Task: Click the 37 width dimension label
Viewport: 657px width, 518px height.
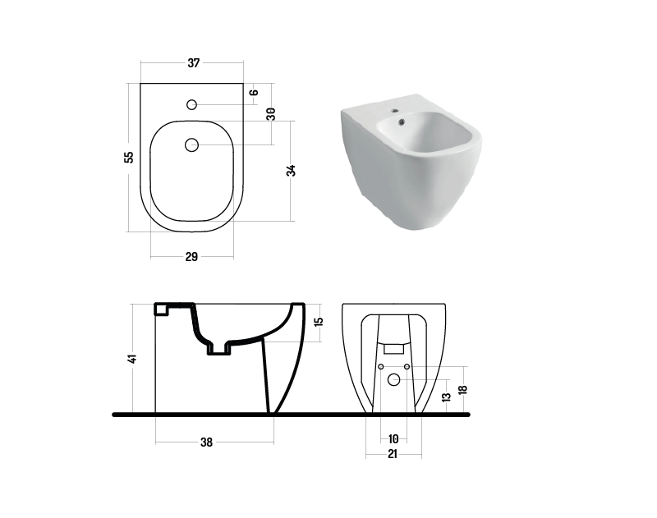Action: pyautogui.click(x=193, y=63)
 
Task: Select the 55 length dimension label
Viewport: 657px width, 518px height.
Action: pyautogui.click(x=130, y=157)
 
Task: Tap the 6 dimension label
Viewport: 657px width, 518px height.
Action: pyautogui.click(x=255, y=93)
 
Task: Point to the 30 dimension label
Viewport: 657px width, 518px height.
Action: pyautogui.click(x=271, y=114)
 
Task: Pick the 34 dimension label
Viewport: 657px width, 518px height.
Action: pyautogui.click(x=291, y=171)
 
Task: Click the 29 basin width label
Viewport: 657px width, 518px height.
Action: pyautogui.click(x=191, y=257)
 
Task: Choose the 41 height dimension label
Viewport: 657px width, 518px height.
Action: pyautogui.click(x=133, y=359)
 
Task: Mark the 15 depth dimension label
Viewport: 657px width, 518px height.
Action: pyautogui.click(x=319, y=322)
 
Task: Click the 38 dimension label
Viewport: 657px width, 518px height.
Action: pyautogui.click(x=207, y=442)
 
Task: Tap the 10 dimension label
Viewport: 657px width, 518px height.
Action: pyautogui.click(x=393, y=439)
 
